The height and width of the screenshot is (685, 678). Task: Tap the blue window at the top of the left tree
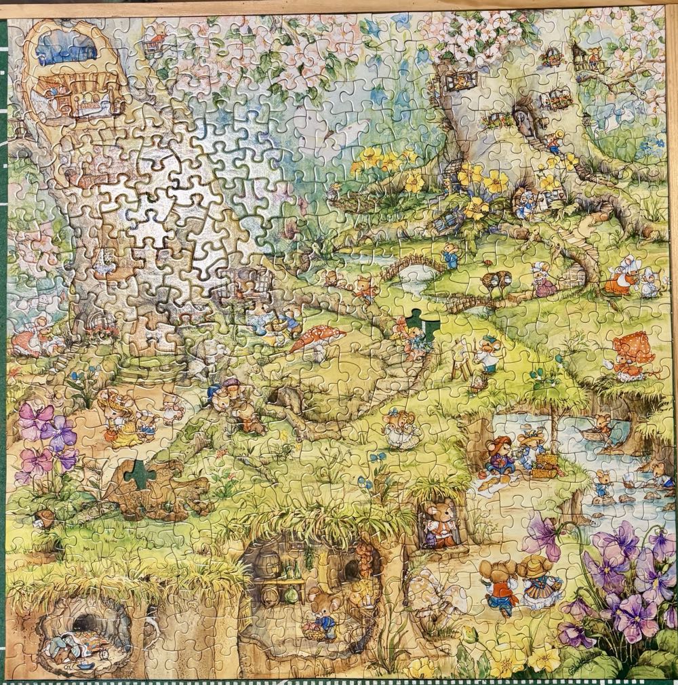point(66,47)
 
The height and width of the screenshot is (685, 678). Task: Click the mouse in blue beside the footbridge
point(450,256)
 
